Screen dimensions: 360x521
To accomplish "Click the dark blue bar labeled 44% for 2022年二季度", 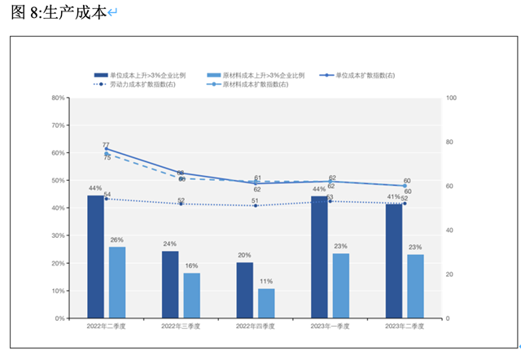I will (95, 257).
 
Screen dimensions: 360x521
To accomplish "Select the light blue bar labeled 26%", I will (117, 282).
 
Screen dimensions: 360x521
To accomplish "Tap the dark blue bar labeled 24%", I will (170, 284).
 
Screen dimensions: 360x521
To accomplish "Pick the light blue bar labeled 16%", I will (191, 295).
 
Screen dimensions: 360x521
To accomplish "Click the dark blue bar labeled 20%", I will (245, 290).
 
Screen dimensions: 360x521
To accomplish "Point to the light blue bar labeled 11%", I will (266, 303).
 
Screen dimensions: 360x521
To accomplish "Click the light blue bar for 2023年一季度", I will (340, 286).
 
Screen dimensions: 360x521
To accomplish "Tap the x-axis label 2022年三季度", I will (180, 327).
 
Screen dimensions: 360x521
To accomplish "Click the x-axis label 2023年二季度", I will (405, 327).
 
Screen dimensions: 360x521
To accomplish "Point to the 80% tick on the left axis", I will (58, 98).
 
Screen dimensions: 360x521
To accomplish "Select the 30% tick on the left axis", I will (58, 236).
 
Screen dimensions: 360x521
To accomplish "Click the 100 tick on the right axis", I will (453, 98).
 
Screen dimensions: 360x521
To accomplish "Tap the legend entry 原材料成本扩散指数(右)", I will (255, 85).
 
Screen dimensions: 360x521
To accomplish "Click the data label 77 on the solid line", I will (106, 144).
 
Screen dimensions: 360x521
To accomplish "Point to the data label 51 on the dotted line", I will (255, 200).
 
